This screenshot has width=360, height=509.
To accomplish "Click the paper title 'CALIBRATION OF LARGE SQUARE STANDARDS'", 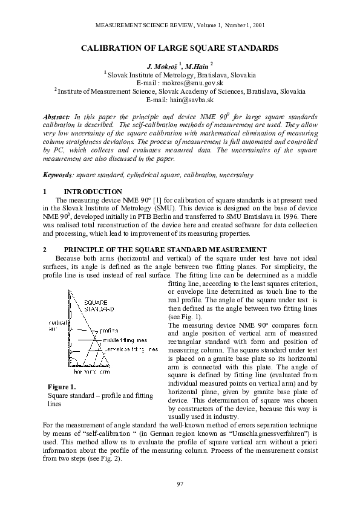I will [x=180, y=47].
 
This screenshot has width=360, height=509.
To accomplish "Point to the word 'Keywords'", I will [x=57, y=175].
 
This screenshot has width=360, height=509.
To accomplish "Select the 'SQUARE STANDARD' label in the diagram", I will [x=98, y=305].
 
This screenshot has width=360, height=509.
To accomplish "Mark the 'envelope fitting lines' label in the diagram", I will [x=131, y=349].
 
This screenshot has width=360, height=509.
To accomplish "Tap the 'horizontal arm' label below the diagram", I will [x=96, y=371].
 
